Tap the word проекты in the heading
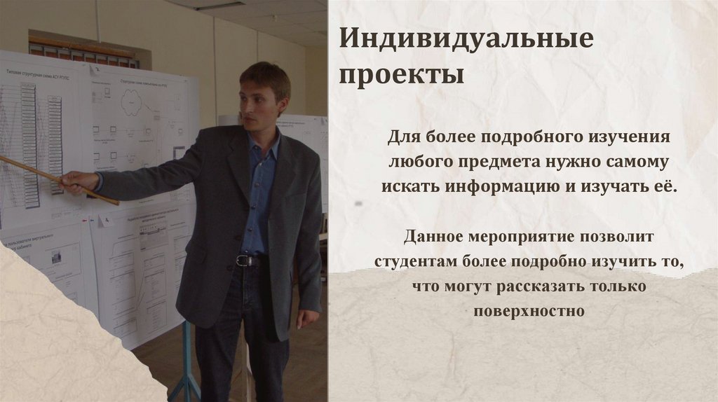point(402,74)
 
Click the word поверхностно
point(528,311)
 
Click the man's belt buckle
point(243,261)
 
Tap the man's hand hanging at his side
point(306,317)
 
